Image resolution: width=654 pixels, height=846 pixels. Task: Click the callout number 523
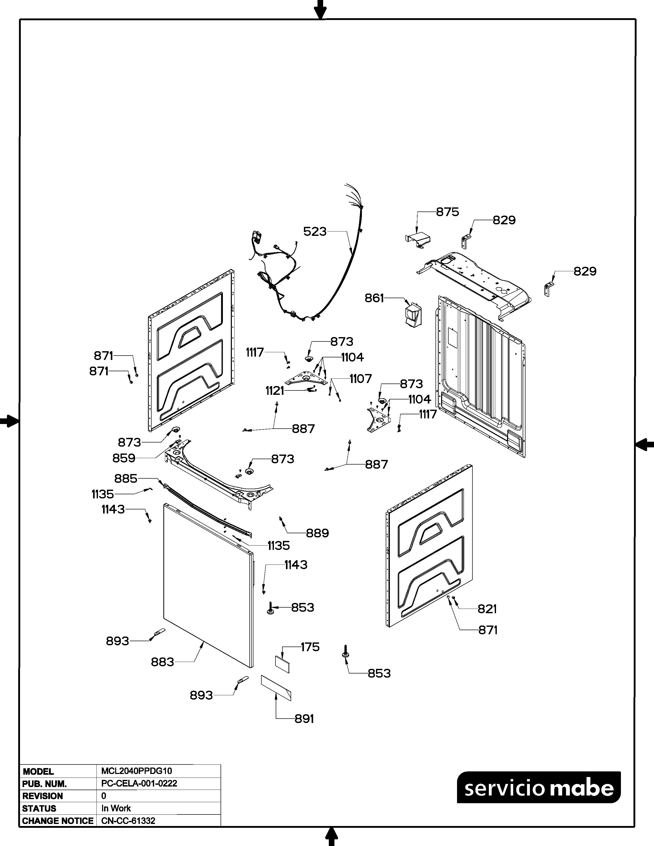click(x=315, y=232)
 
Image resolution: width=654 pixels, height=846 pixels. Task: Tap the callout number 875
click(x=448, y=212)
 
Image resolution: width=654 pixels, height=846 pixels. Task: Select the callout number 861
click(x=374, y=298)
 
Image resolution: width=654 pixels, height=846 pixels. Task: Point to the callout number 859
click(x=124, y=458)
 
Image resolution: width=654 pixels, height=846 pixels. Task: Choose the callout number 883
click(x=162, y=662)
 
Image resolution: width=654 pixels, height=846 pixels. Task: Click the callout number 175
click(x=310, y=647)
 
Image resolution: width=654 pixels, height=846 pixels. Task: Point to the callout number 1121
click(x=275, y=391)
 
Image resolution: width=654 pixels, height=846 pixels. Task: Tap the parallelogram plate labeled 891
click(x=276, y=687)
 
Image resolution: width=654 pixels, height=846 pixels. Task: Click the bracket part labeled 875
click(x=419, y=239)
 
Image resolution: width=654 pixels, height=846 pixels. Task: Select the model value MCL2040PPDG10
click(x=136, y=771)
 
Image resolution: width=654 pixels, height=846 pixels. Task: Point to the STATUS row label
click(x=39, y=808)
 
